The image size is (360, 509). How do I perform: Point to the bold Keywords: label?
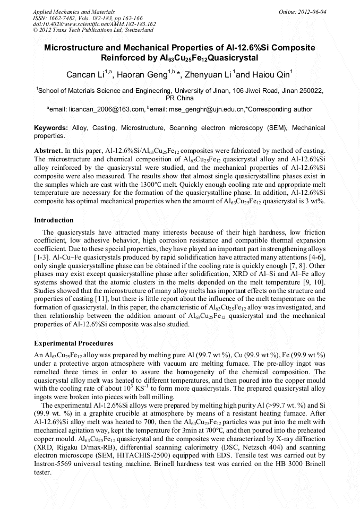[x=50, y=128]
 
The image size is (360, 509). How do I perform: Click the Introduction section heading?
[x=54, y=220]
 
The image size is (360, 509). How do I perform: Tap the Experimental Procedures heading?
[x=73, y=343]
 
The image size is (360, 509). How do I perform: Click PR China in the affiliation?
[x=180, y=98]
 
